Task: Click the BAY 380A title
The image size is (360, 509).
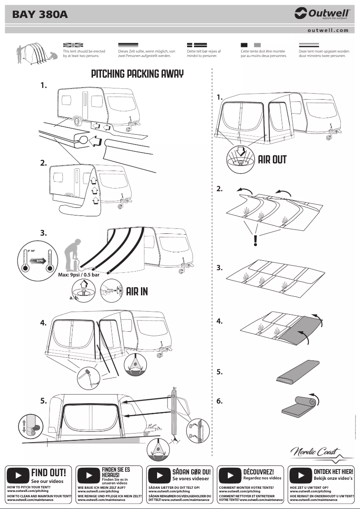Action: [x=40, y=15]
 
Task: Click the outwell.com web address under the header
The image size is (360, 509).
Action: [x=328, y=30]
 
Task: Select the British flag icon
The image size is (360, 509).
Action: [x=73, y=45]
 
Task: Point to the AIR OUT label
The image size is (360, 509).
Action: [x=272, y=160]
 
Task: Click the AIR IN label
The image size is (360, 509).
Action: [x=137, y=291]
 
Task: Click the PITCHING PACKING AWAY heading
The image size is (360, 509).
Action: [x=137, y=74]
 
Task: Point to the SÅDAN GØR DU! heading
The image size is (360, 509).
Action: [x=192, y=472]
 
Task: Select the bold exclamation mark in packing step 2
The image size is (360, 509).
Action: [x=255, y=241]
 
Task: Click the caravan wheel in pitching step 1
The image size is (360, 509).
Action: [x=76, y=122]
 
